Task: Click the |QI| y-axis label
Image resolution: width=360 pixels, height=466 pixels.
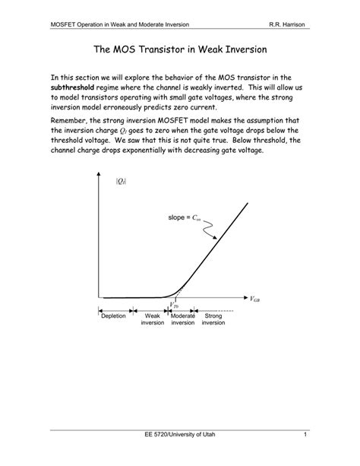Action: click(x=120, y=181)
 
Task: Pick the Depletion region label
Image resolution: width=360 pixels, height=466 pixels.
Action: click(x=115, y=315)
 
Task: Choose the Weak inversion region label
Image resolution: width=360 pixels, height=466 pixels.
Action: click(x=152, y=319)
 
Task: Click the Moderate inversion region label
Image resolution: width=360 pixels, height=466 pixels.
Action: click(x=183, y=319)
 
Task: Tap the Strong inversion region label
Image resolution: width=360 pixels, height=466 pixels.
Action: click(x=213, y=319)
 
